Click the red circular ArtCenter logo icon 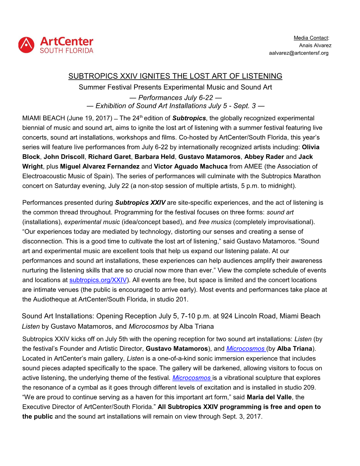click(26, 45)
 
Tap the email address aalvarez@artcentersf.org click(299, 53)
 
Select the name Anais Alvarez click(315, 45)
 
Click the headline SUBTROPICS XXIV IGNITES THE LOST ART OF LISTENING click(175, 76)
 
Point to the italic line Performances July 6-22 click(175, 98)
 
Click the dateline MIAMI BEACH click(43, 118)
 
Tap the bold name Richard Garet click(109, 157)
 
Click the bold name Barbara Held click(155, 157)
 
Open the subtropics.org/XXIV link click(98, 280)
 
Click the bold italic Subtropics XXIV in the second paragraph click(140, 203)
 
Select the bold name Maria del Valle click(269, 397)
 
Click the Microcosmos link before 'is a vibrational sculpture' click(192, 378)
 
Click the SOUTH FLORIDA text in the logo click(67, 51)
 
